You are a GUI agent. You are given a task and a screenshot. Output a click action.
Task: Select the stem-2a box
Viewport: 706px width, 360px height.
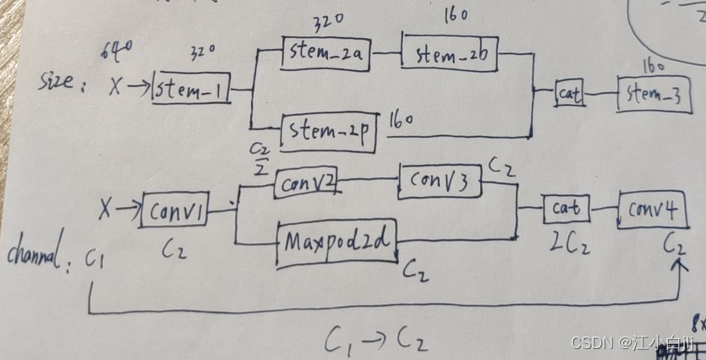tap(326, 54)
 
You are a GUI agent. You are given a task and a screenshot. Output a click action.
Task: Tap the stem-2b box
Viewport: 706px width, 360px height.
tap(449, 53)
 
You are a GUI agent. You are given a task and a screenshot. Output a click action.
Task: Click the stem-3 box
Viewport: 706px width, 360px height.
tap(653, 93)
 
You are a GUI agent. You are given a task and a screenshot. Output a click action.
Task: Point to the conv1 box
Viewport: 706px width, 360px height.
tap(174, 210)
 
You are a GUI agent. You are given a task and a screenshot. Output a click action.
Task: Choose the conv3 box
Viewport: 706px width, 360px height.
tap(440, 181)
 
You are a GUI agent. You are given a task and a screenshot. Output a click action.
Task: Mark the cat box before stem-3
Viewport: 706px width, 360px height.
tap(571, 93)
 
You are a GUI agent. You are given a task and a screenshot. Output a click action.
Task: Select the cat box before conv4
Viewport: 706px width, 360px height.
tap(566, 208)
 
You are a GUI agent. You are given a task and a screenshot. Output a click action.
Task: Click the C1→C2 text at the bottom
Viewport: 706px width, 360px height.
tap(375, 340)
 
